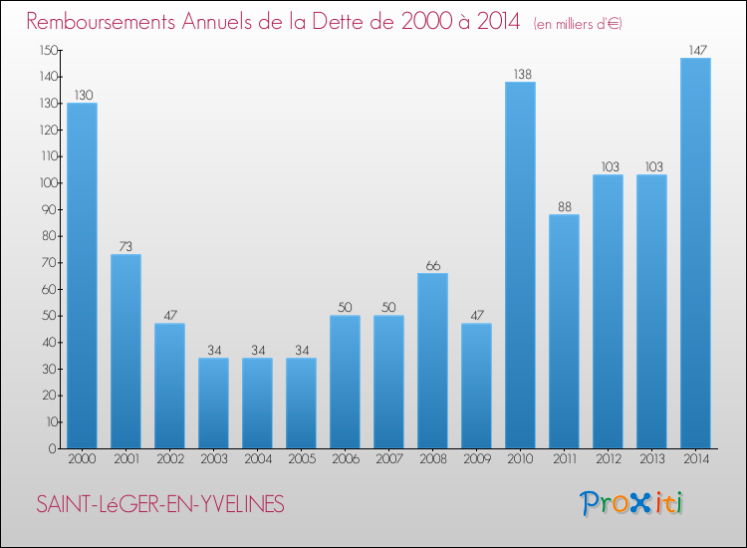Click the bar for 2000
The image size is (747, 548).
82,276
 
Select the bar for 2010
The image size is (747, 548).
520,265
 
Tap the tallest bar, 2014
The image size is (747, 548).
695,253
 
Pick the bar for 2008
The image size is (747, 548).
432,361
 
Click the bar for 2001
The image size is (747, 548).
125,351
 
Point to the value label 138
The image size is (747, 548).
520,75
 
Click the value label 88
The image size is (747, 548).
564,207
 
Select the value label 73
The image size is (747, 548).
125,247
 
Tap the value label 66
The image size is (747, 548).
432,266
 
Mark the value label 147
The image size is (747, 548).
695,51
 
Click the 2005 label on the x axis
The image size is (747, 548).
301,460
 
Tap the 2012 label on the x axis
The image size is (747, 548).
608,460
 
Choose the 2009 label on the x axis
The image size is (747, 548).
476,460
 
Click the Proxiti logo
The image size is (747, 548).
631,503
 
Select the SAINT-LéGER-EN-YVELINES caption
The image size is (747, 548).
159,505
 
